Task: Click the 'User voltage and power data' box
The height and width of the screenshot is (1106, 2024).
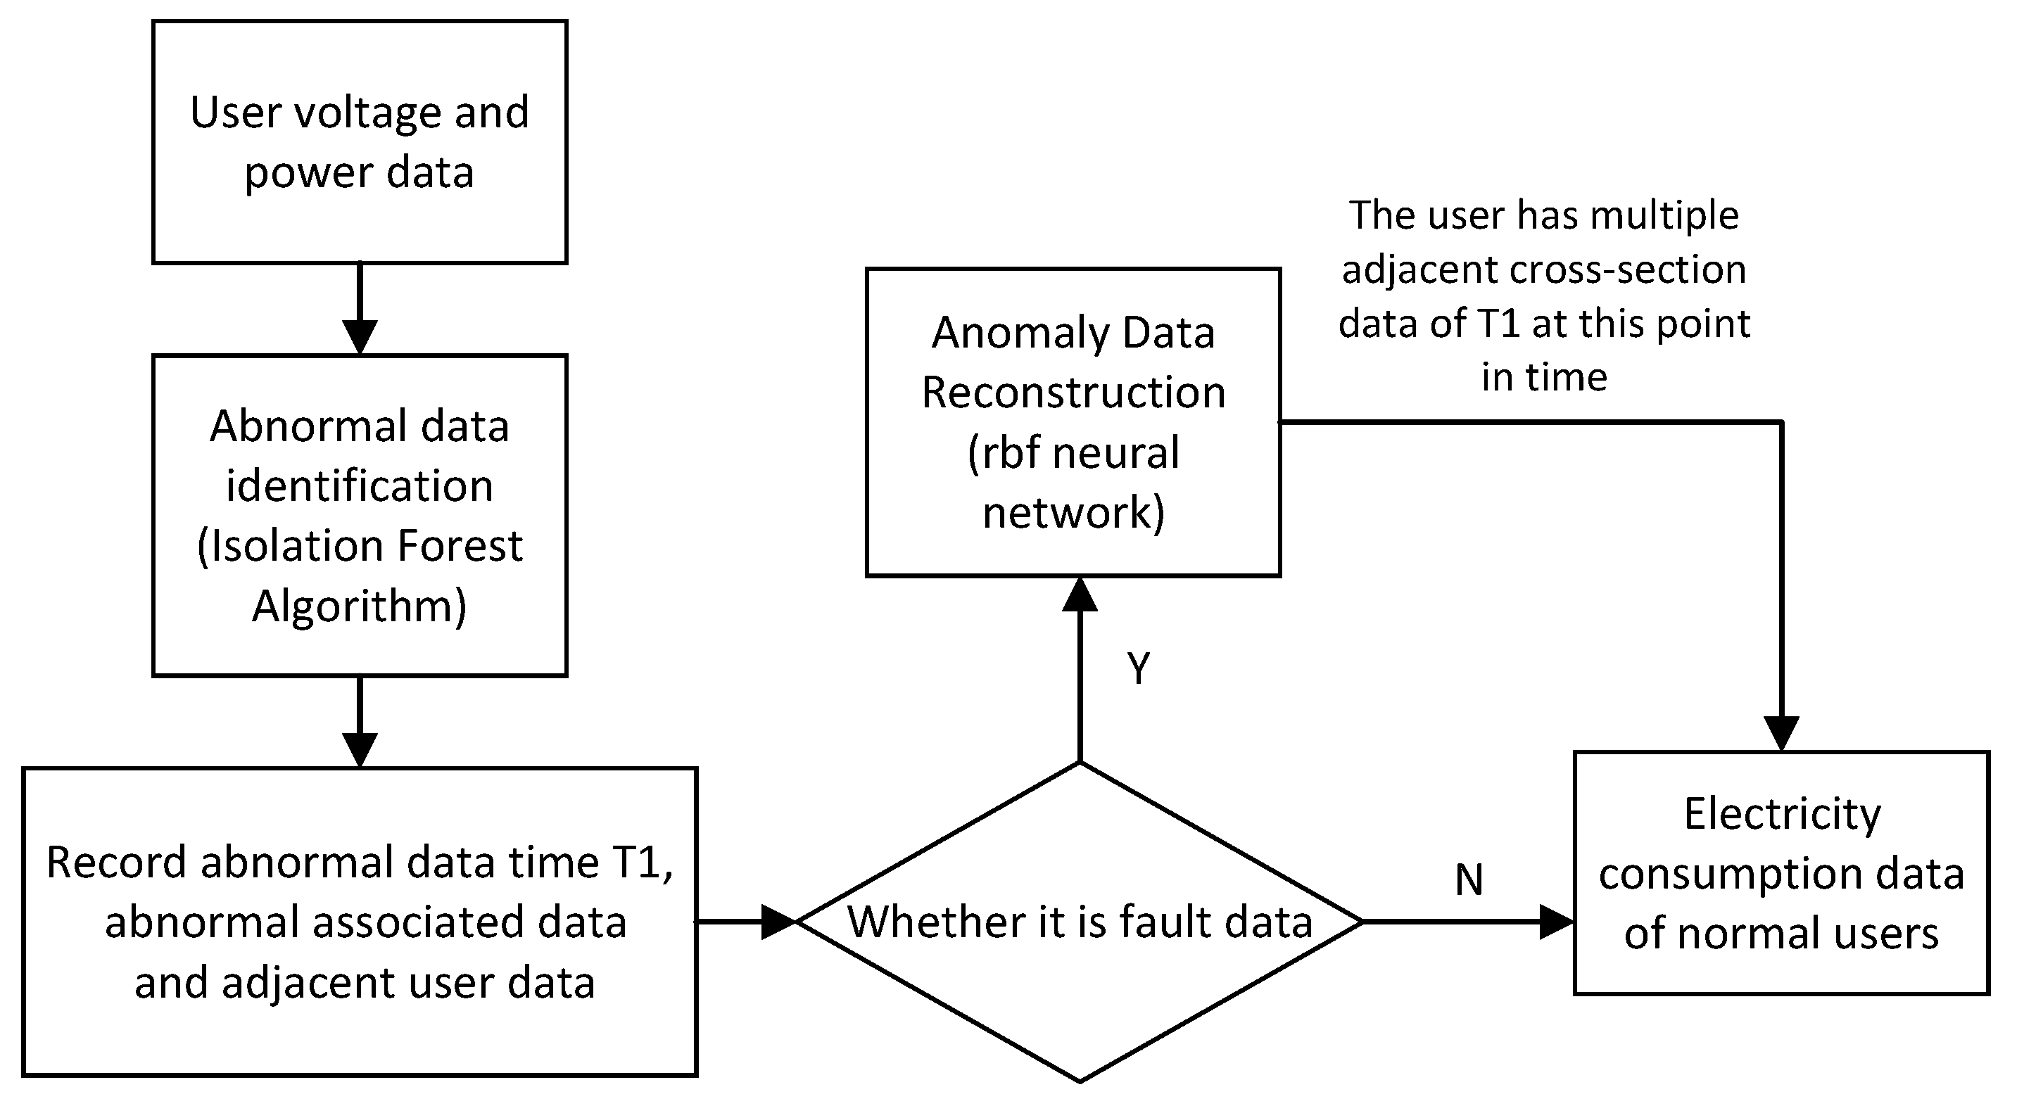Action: pyautogui.click(x=359, y=141)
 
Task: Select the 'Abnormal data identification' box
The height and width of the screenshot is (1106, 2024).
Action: pyautogui.click(x=359, y=514)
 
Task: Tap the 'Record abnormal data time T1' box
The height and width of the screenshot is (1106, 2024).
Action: pyautogui.click(x=359, y=921)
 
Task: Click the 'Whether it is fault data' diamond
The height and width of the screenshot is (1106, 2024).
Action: pyautogui.click(x=1080, y=922)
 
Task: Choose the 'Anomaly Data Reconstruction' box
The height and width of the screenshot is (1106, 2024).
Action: pyautogui.click(x=1073, y=422)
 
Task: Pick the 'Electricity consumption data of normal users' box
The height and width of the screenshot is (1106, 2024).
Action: pyautogui.click(x=1781, y=872)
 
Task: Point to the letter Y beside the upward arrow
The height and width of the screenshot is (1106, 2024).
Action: pyautogui.click(x=1139, y=668)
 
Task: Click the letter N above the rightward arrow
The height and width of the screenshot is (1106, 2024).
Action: pyautogui.click(x=1469, y=879)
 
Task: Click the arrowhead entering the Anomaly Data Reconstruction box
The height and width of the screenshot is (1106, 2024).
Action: pyautogui.click(x=1080, y=595)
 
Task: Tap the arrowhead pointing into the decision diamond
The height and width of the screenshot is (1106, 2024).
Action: pyautogui.click(x=778, y=922)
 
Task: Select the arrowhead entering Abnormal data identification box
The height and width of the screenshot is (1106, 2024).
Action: pyautogui.click(x=360, y=338)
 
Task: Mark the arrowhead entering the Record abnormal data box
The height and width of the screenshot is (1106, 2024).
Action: pyautogui.click(x=360, y=750)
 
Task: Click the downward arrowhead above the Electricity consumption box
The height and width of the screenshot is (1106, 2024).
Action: pyautogui.click(x=1781, y=734)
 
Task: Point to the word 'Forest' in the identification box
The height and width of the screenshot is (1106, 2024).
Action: pyautogui.click(x=460, y=545)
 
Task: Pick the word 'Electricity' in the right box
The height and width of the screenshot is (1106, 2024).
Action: pyautogui.click(x=1782, y=813)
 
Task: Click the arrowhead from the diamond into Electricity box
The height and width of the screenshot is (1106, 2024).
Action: pyautogui.click(x=1557, y=922)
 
